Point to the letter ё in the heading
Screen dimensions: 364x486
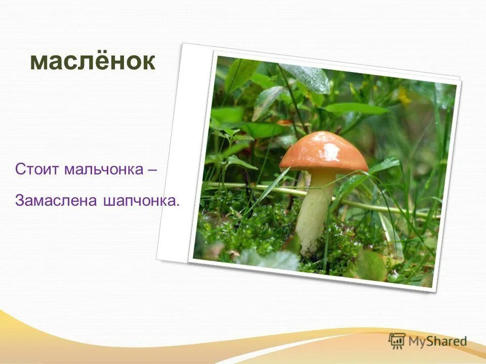pyautogui.click(x=107, y=61)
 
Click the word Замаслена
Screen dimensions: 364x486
pyautogui.click(x=56, y=201)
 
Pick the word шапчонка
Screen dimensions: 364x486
pyautogui.click(x=139, y=201)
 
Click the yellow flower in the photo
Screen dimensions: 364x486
pyautogui.click(x=404, y=95)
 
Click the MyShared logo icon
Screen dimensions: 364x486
pyautogui.click(x=397, y=341)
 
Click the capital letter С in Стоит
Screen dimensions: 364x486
pyautogui.click(x=20, y=169)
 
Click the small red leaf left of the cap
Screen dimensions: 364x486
pyautogui.click(x=285, y=122)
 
